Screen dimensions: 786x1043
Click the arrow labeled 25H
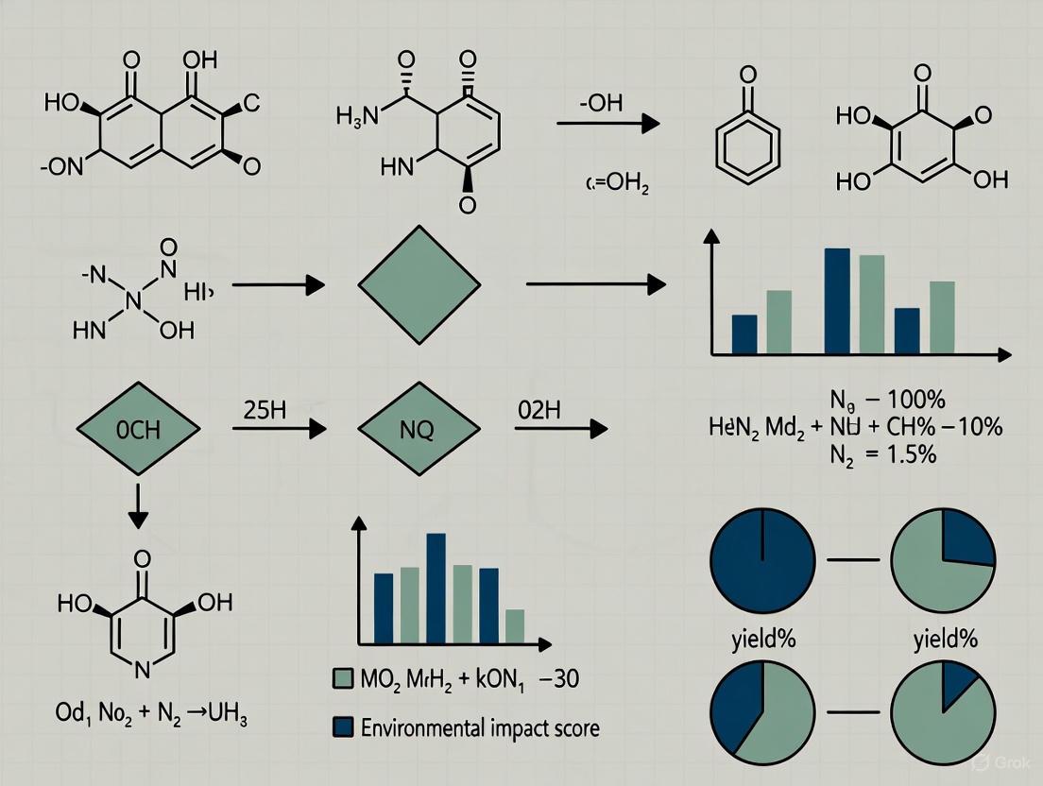point(274,429)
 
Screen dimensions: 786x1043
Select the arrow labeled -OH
point(605,123)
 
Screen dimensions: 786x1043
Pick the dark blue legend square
point(344,727)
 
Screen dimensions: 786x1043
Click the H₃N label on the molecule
point(356,117)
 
